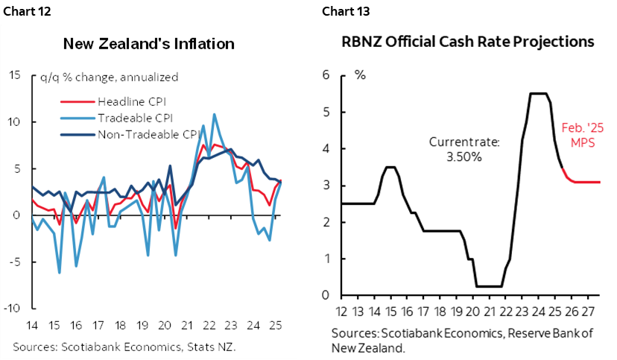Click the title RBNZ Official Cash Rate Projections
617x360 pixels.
[x=467, y=42]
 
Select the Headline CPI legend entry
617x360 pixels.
[x=127, y=101]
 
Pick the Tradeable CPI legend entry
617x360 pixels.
[x=130, y=118]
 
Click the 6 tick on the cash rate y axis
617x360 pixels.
[x=325, y=75]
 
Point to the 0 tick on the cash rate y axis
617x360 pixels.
[x=325, y=296]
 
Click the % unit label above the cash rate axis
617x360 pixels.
[x=360, y=75]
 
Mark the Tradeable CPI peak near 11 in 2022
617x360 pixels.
[x=215, y=115]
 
